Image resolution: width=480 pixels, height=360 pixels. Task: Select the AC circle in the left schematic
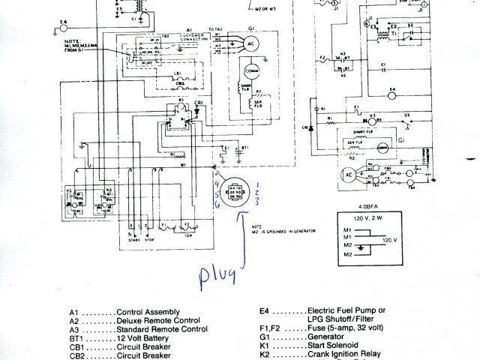click(250, 44)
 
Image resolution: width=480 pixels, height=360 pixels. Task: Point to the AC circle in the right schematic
click(347, 174)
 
